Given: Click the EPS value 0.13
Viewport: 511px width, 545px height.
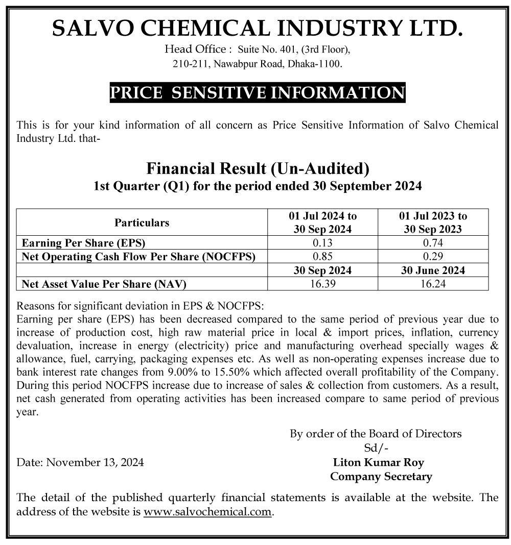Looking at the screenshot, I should point(322,243).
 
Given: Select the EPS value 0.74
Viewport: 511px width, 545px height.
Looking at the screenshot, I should point(433,243).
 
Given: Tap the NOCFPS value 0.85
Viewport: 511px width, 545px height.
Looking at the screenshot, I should point(322,257).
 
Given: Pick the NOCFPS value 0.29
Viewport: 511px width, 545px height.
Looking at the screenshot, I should point(433,257).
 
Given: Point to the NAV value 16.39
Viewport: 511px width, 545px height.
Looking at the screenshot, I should point(322,284).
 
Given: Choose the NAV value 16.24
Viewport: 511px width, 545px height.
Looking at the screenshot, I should point(433,284).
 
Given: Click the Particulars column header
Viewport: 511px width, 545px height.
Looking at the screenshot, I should point(142,222).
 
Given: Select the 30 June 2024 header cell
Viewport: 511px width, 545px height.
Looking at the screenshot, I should point(433,270).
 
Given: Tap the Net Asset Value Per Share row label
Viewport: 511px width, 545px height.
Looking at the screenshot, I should point(100,284).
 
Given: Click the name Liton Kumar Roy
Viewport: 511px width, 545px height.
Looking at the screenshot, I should point(378,463).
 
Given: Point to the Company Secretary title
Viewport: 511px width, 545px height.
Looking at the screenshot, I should point(381,477).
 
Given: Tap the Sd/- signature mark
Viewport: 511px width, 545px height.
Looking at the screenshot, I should point(376,449).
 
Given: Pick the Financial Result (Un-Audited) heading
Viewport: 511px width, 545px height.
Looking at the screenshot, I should point(258,168).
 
